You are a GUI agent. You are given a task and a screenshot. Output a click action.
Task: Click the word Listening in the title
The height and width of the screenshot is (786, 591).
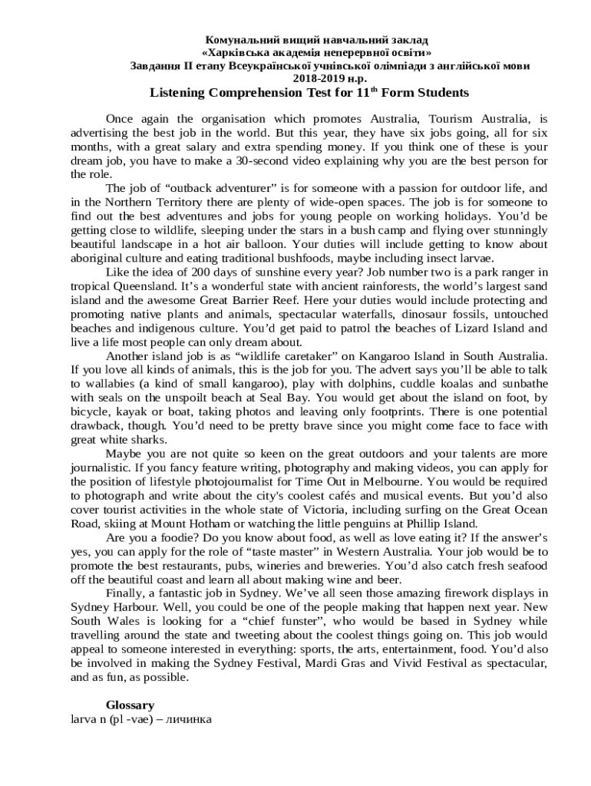coord(177,93)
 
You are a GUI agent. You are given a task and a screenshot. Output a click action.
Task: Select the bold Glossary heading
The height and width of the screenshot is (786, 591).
coord(130,705)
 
